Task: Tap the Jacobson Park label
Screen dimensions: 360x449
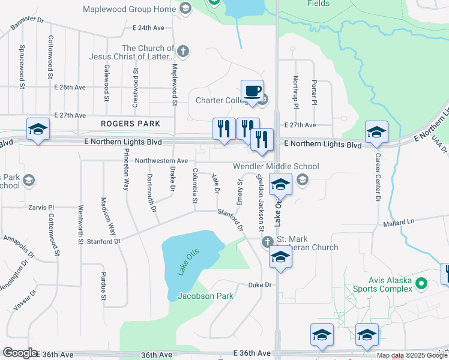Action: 205,295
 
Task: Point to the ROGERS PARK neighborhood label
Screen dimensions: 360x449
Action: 131,124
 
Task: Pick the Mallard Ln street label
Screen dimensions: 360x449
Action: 399,223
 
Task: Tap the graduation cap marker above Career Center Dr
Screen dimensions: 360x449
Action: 376,132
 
